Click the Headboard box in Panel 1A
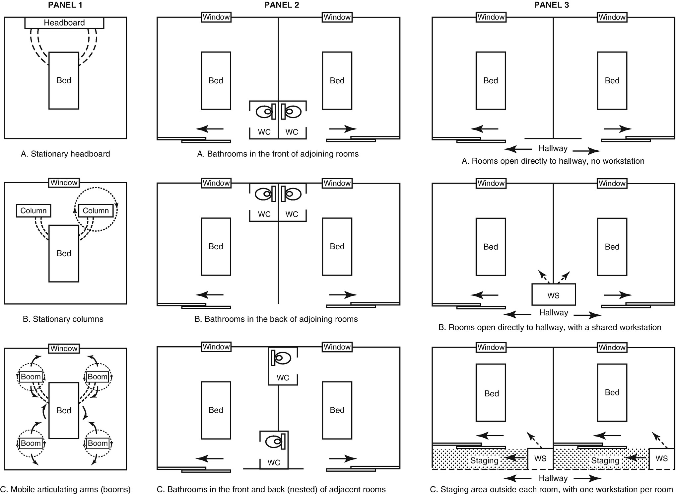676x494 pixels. click(x=64, y=23)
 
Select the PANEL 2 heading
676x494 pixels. click(x=282, y=5)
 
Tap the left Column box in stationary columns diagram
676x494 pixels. click(x=34, y=211)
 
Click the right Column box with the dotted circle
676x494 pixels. click(x=96, y=211)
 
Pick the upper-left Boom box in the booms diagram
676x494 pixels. click(x=31, y=377)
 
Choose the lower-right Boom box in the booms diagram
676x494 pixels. click(x=98, y=443)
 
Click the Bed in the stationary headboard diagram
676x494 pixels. click(x=64, y=81)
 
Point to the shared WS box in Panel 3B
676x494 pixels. click(x=553, y=295)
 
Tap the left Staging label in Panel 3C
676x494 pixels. click(x=484, y=460)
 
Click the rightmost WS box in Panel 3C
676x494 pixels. click(x=661, y=458)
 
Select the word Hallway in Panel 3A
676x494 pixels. click(x=553, y=148)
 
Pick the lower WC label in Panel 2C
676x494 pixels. click(x=274, y=462)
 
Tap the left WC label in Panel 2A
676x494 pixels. click(x=264, y=132)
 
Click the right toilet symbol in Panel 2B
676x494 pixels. click(x=292, y=194)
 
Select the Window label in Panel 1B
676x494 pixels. click(x=64, y=183)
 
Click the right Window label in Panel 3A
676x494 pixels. click(x=612, y=17)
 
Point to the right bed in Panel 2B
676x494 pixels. click(x=337, y=247)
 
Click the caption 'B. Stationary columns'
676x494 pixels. click(x=63, y=319)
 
